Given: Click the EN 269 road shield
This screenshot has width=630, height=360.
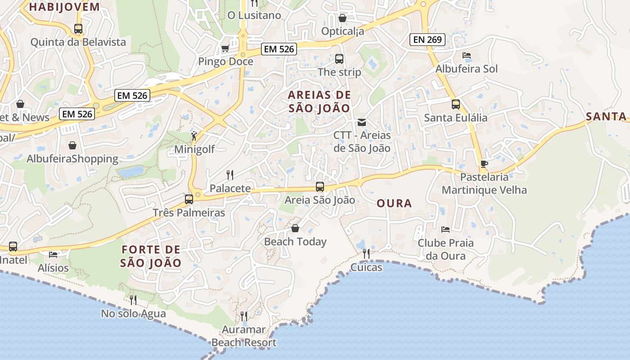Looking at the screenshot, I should point(427,40).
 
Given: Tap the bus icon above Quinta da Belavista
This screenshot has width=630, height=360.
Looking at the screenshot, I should point(78,29).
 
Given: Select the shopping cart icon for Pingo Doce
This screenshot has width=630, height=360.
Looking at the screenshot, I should point(225,48).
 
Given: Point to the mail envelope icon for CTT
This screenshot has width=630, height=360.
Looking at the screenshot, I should point(361,122).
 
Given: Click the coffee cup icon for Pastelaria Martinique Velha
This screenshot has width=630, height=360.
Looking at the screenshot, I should point(484,163).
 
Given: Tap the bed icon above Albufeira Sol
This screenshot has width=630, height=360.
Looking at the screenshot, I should point(467,55).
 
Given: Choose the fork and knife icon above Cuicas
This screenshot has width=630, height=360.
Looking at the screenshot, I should point(366,254).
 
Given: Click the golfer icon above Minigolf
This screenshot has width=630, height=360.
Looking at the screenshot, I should point(194,136).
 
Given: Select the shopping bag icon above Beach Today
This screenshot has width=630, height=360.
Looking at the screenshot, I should point(295,228).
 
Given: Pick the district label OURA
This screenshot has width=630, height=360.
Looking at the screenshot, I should point(394,203).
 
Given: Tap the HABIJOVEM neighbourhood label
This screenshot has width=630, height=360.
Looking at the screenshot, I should point(64,7).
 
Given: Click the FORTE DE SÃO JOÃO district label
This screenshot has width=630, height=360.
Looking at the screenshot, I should point(151,256).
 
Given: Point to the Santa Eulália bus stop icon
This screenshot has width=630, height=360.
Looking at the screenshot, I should point(456,104).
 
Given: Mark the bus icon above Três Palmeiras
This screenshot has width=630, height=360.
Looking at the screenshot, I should point(189,199).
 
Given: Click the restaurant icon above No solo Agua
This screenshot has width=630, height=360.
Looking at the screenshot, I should point(133,300).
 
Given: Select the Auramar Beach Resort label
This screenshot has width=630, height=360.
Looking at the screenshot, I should point(244,336).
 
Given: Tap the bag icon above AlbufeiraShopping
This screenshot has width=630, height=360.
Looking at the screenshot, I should point(72,145).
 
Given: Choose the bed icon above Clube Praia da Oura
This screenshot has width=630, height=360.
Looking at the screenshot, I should point(445,229).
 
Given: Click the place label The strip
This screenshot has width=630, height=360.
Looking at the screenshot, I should point(339,72).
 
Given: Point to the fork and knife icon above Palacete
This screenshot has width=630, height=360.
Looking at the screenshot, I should point(229,175).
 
